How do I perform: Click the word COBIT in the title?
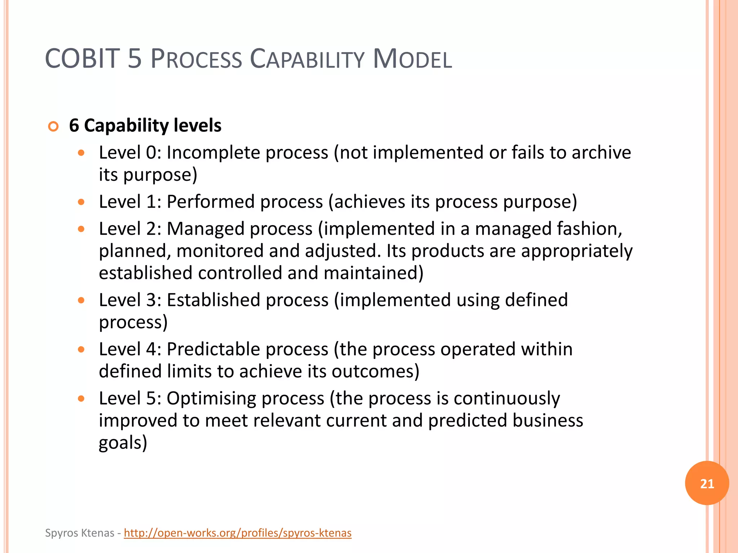click(82, 59)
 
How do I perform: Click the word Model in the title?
click(412, 59)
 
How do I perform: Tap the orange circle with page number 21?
click(707, 483)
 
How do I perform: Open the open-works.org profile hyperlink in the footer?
click(237, 533)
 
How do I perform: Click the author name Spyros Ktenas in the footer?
click(80, 533)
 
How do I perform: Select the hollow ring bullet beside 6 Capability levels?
click(53, 127)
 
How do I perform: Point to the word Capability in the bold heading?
click(126, 126)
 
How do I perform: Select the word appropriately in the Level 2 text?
click(577, 251)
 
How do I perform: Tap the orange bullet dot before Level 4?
click(81, 349)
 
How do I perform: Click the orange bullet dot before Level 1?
click(81, 202)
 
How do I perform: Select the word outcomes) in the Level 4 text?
click(375, 371)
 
